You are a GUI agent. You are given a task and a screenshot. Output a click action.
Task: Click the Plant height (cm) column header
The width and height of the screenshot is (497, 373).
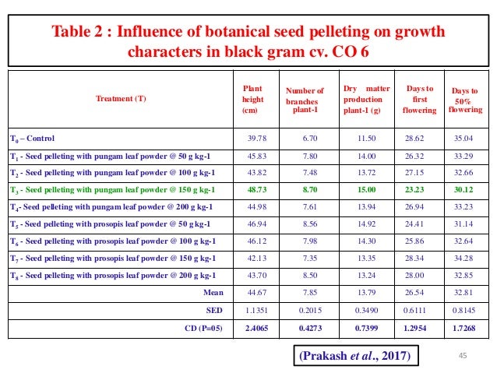coord(252,100)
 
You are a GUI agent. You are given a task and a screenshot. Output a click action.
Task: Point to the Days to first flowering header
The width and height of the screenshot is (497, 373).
coord(414,99)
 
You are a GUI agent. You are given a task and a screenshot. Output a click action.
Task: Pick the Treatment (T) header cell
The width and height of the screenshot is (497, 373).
coord(120,99)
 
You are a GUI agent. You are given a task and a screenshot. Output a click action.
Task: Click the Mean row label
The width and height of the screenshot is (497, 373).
coord(212,293)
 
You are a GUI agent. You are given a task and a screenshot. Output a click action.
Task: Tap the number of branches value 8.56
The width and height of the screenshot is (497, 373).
coord(308,223)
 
